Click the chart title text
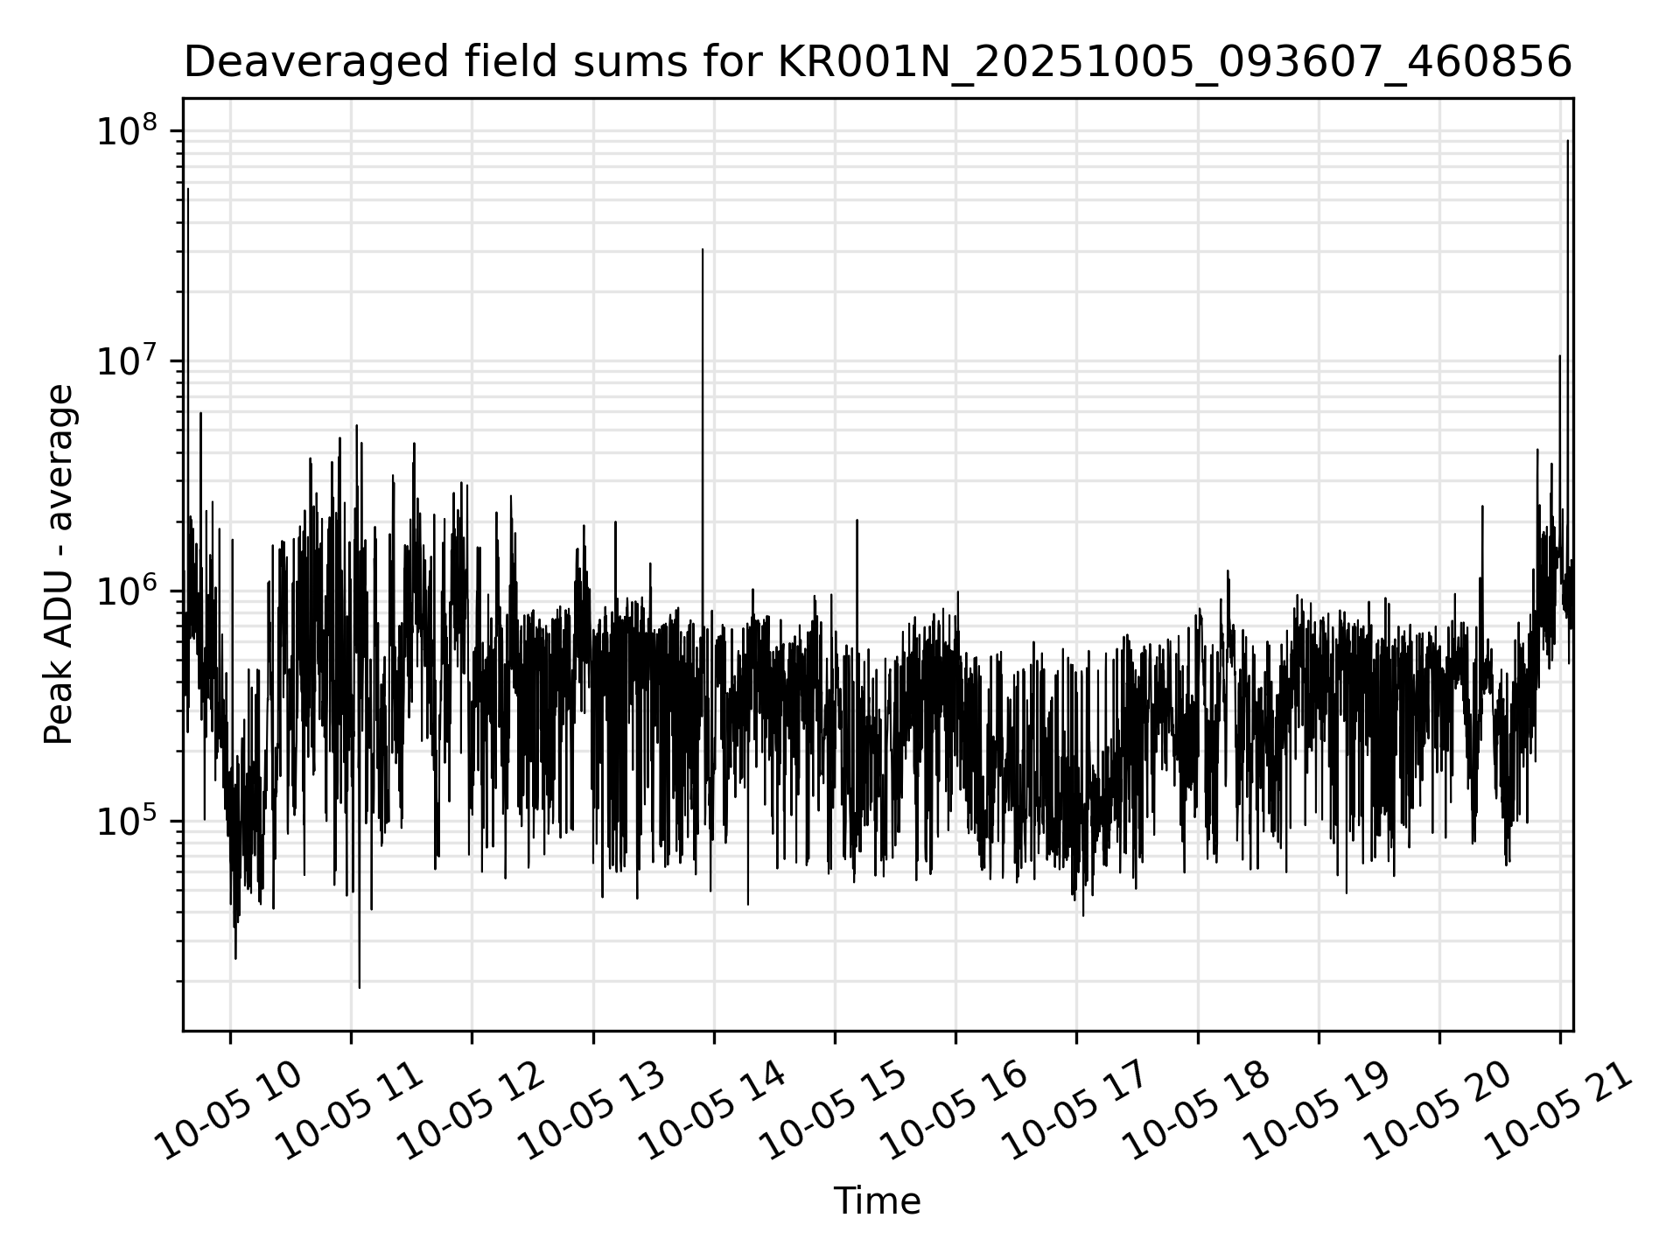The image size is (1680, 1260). point(878,62)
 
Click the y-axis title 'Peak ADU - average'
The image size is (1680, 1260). point(59,565)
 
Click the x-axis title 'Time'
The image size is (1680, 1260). point(877,1201)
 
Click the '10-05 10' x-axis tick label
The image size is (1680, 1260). point(229,1111)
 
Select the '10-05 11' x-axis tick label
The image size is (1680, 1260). point(350,1111)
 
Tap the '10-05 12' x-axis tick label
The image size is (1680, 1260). point(471,1111)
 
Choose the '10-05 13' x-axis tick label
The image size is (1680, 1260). point(591,1111)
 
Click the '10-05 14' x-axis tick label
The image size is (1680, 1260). point(712,1111)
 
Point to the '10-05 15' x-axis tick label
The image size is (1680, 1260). point(833,1111)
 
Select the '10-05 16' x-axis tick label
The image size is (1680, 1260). point(954,1111)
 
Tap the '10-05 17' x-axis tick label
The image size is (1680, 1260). point(1074,1111)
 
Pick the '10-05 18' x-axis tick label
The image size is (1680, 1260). point(1196,1111)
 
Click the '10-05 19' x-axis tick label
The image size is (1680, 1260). point(1317,1111)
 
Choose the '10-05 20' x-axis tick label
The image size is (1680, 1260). point(1438,1111)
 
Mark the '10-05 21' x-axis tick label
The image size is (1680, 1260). point(1558,1111)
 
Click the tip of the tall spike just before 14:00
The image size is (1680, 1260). point(703,249)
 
